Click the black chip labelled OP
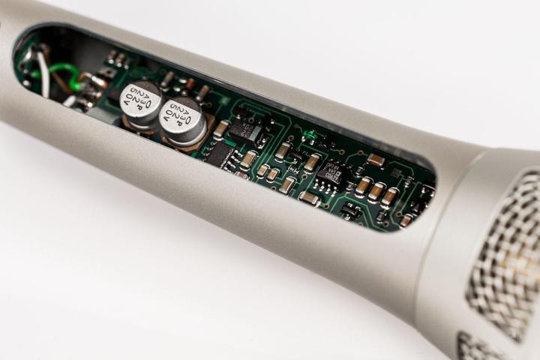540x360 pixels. tap(330, 172)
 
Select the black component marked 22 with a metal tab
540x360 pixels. tap(247, 130)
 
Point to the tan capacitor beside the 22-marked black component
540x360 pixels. tap(220, 129)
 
